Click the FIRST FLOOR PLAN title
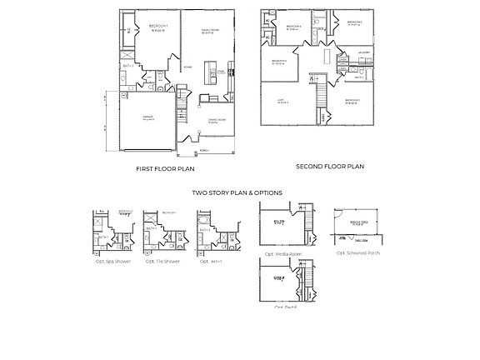[165, 169]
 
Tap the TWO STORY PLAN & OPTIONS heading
[237, 192]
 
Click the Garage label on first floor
[147, 117]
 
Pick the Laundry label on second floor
[364, 52]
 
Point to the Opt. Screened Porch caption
[357, 252]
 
